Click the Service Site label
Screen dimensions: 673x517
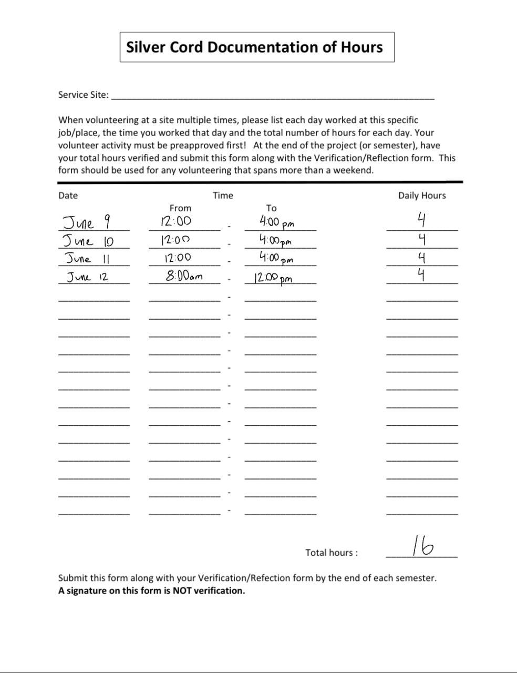click(x=83, y=95)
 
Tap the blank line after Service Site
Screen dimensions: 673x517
click(x=273, y=96)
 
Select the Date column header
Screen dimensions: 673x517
click(x=68, y=196)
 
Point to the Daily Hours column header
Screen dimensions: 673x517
click(x=421, y=196)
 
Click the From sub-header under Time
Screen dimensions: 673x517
click(x=180, y=208)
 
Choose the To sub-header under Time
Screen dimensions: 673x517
click(x=271, y=208)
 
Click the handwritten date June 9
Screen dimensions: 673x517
click(x=86, y=222)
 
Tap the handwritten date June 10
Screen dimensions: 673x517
click(x=88, y=241)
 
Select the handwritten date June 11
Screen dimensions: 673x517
click(x=87, y=259)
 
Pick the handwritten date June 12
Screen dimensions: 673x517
click(x=87, y=277)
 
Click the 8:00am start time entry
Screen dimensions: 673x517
click(x=184, y=276)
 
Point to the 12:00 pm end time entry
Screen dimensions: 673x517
click(x=273, y=278)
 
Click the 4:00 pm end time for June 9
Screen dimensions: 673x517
click(x=276, y=222)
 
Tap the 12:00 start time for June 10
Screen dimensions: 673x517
click(x=175, y=240)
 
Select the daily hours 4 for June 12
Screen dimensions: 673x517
click(x=421, y=274)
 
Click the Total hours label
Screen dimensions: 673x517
click(x=331, y=553)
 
